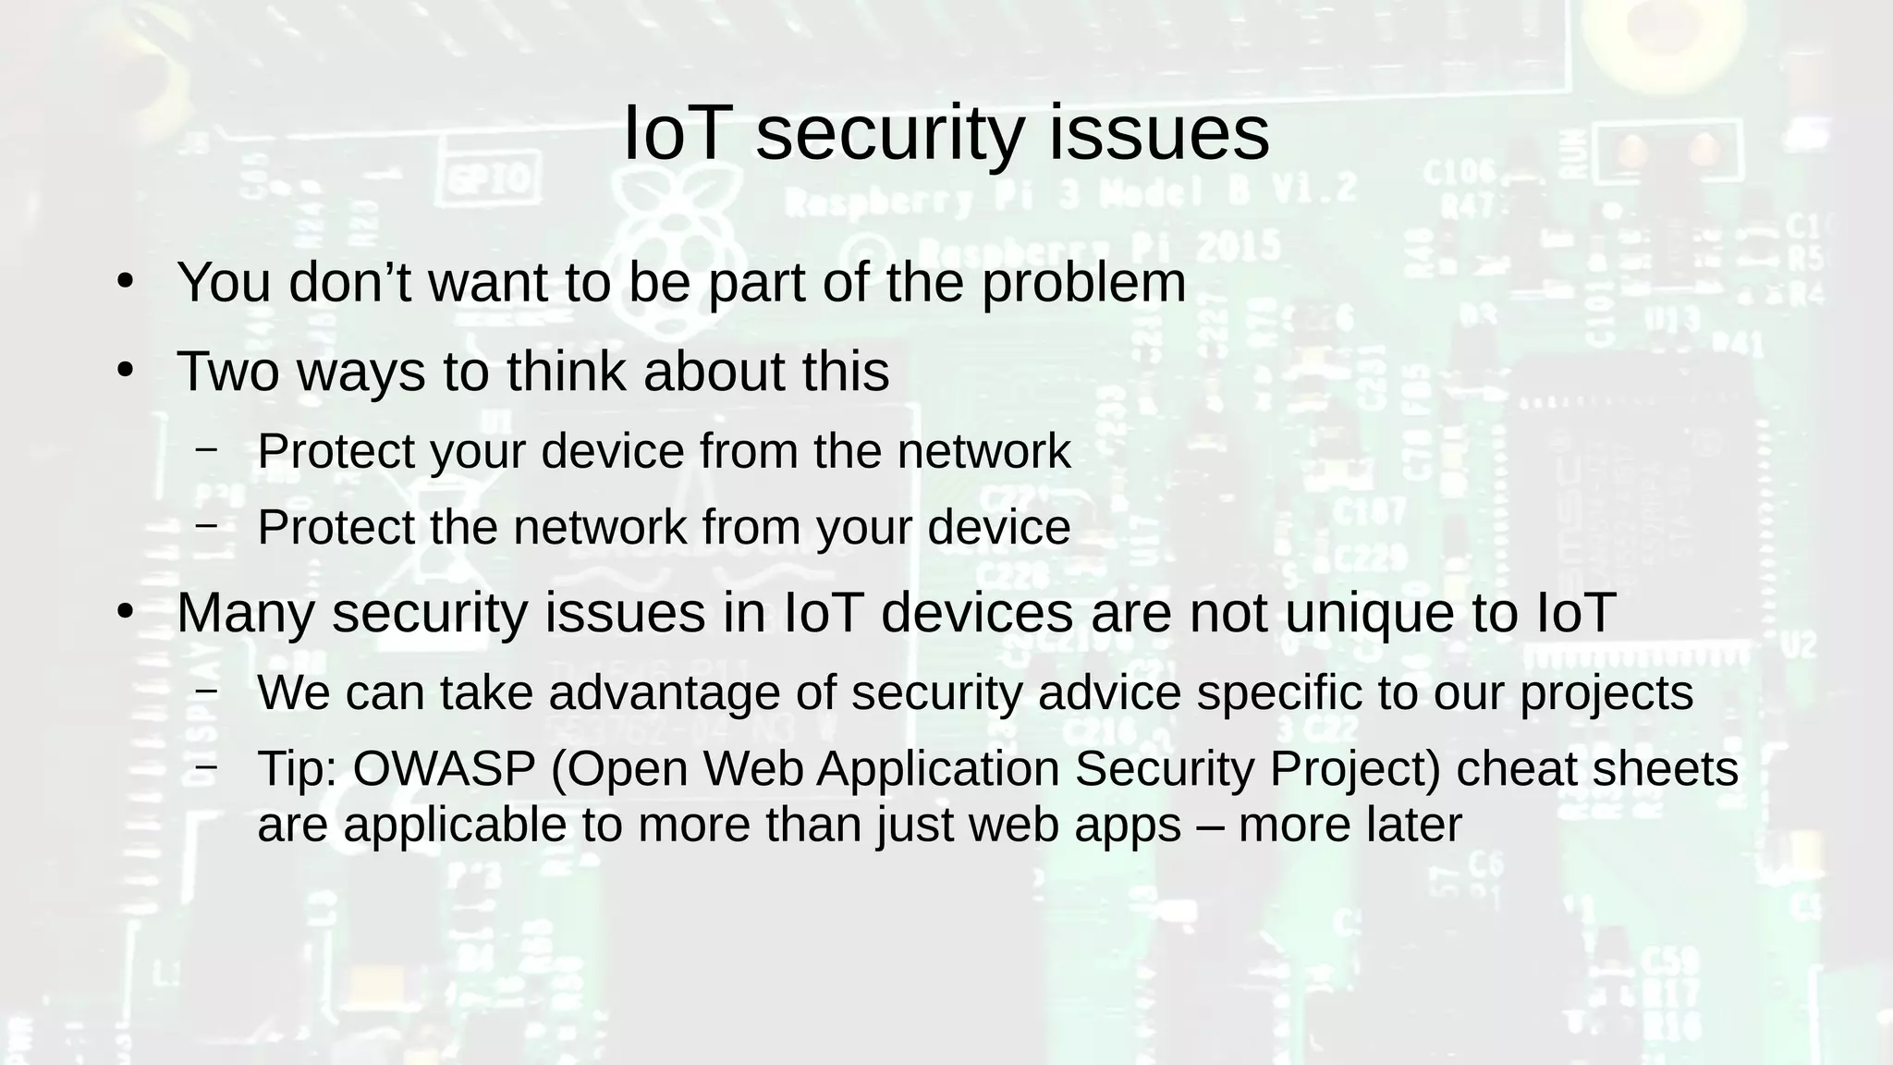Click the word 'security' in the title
coord(889,134)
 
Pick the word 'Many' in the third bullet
coord(245,613)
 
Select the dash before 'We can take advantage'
coord(206,691)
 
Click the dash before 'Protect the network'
coord(206,525)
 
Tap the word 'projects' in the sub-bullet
coord(1606,692)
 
